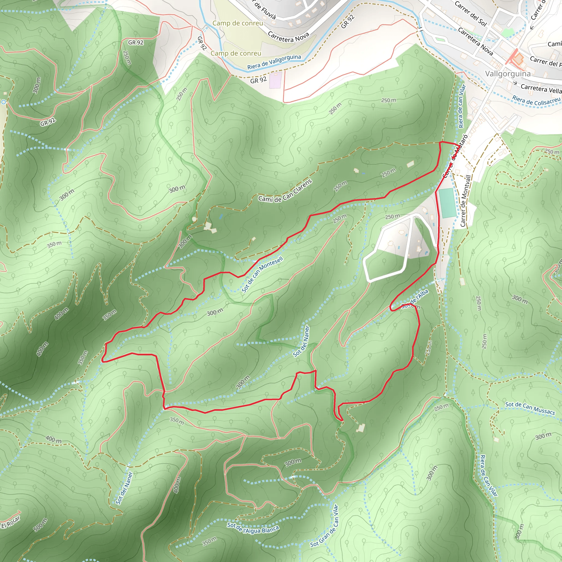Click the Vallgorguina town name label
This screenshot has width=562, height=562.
[508, 74]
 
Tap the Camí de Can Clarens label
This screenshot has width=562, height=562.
[285, 191]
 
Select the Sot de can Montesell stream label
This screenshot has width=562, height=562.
[262, 274]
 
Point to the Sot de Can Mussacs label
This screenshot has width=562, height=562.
[530, 408]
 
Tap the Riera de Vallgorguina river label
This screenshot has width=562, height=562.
[274, 62]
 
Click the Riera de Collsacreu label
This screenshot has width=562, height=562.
[536, 101]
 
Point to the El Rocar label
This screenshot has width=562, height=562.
[11, 522]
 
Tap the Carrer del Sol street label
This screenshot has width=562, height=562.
[470, 13]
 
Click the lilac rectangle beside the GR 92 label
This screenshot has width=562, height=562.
[275, 81]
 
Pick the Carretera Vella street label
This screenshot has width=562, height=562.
[541, 88]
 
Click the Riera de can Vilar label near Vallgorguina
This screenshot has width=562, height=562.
[462, 106]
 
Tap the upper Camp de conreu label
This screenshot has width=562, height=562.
[238, 23]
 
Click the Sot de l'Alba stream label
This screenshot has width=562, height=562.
[418, 297]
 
